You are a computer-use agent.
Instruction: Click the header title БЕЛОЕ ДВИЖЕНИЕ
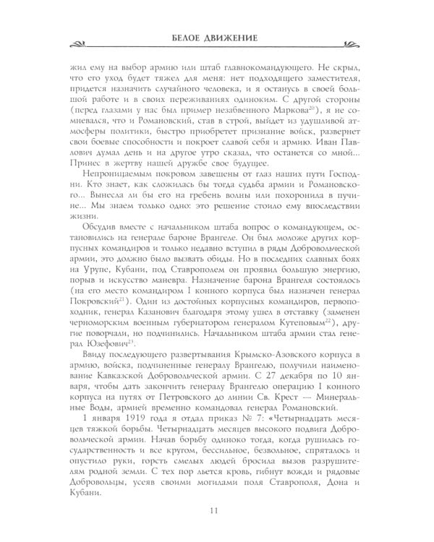217,38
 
